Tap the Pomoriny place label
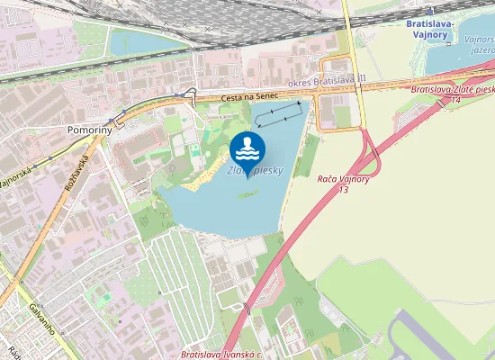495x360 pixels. pos(89,130)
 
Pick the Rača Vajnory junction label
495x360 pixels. pos(344,180)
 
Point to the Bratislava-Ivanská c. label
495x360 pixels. pos(221,355)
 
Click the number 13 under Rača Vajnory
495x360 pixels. pos(343,190)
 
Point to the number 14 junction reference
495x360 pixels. pos(456,100)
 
